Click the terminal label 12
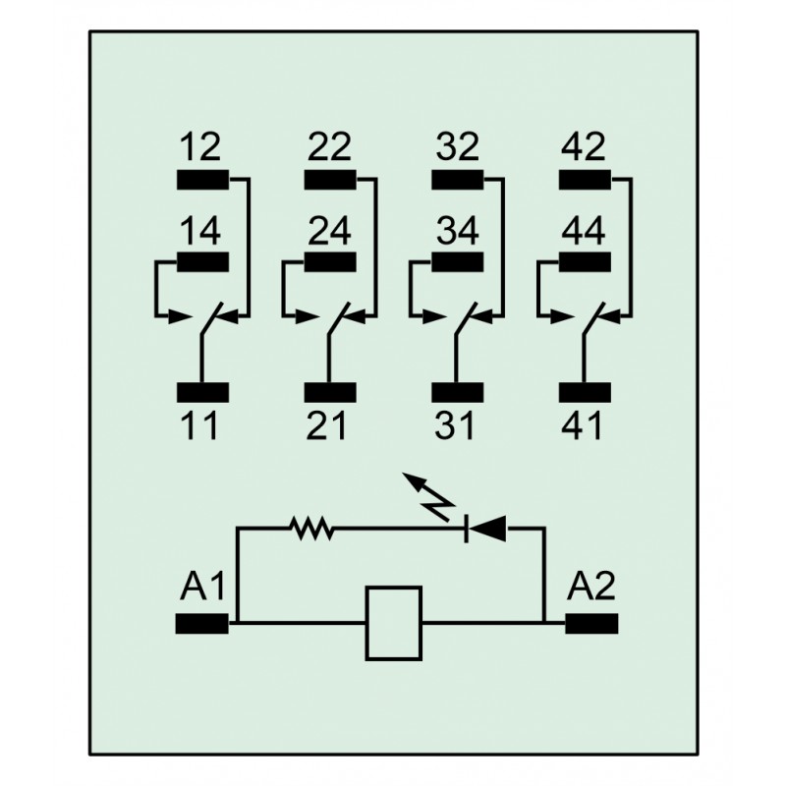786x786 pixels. tap(200, 146)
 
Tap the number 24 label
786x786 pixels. tap(329, 231)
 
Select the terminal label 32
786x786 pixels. tap(457, 146)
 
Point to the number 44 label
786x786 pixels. tap(584, 231)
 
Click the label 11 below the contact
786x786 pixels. tap(199, 425)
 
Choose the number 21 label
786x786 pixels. tap(326, 425)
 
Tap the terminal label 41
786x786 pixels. tap(582, 425)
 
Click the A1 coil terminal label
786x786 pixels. tap(202, 586)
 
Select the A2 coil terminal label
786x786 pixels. tap(591, 586)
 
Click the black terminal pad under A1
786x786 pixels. tap(202, 624)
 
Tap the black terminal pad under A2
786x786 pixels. tap(591, 624)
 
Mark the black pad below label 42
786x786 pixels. tap(585, 180)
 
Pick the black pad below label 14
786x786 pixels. tap(203, 261)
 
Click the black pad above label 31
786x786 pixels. tap(458, 392)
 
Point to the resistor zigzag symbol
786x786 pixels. tap(311, 529)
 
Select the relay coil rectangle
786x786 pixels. tap(394, 623)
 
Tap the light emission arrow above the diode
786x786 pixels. tap(428, 496)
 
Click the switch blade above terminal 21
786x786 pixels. tap(339, 318)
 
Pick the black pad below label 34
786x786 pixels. tap(458, 261)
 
